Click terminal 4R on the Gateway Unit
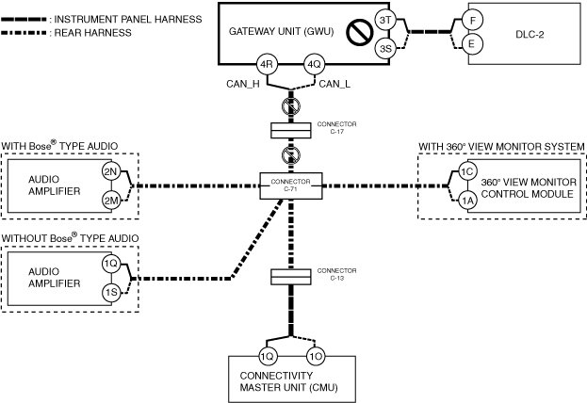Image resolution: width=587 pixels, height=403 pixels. click(x=266, y=65)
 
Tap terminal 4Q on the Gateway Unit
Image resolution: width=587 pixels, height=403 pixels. click(x=314, y=65)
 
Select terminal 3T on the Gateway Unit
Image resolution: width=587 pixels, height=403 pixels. click(x=385, y=20)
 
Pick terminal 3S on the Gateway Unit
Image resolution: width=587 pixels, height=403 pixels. click(x=385, y=48)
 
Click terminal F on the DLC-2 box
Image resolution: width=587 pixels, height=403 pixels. click(x=472, y=20)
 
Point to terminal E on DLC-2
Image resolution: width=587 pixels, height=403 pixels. click(x=471, y=44)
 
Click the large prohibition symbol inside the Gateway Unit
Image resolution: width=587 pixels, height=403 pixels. click(x=359, y=31)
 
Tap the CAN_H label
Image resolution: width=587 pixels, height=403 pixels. click(x=242, y=84)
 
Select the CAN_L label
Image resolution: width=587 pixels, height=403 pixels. click(x=334, y=84)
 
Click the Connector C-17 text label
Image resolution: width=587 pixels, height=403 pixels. click(x=336, y=128)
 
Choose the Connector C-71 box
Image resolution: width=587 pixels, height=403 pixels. click(x=291, y=185)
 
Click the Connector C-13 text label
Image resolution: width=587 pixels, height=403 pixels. click(x=336, y=274)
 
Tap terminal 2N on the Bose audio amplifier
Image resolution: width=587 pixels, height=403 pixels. click(x=111, y=171)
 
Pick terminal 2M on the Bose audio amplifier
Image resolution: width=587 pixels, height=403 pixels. click(x=111, y=201)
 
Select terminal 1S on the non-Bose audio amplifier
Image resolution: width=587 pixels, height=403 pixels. click(x=111, y=292)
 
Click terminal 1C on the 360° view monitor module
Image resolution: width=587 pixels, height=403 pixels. click(x=467, y=171)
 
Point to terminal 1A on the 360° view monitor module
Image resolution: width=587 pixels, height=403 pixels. click(x=467, y=201)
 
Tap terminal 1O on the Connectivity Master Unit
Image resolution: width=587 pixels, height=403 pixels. click(x=316, y=356)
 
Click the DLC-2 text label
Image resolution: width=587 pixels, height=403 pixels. click(x=530, y=35)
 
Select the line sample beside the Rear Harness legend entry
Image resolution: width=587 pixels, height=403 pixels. click(x=24, y=33)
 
